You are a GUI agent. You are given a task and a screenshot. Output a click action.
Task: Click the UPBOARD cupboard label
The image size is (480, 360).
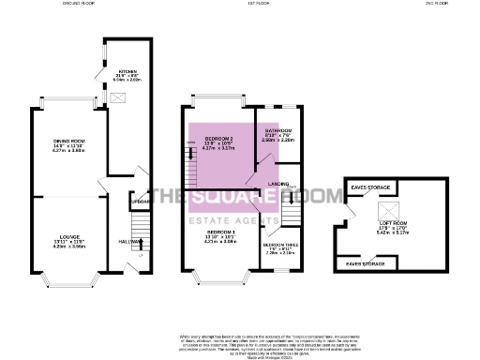(x=141, y=202)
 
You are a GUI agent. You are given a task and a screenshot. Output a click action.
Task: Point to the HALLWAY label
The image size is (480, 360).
(x=130, y=241)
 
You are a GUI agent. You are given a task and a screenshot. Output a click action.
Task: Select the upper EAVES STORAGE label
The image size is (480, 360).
(x=370, y=187)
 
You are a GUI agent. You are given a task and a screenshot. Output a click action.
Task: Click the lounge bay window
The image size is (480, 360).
(x=65, y=279)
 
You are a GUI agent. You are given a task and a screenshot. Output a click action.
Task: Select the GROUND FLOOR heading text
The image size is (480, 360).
(x=81, y=4)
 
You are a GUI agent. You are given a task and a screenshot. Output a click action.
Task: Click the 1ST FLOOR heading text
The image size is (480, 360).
(x=244, y=4)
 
